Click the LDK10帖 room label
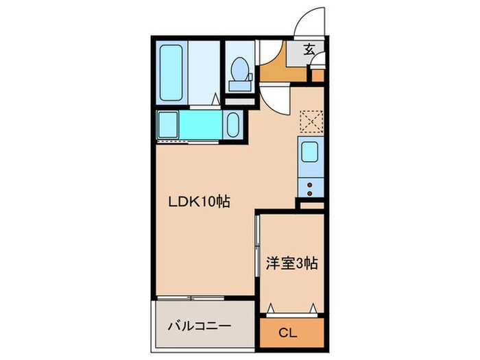(199, 202)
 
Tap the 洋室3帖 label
(291, 263)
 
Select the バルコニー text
(200, 326)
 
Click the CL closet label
(289, 334)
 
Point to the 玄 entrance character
(310, 49)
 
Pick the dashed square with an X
(311, 121)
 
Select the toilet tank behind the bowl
(239, 86)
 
